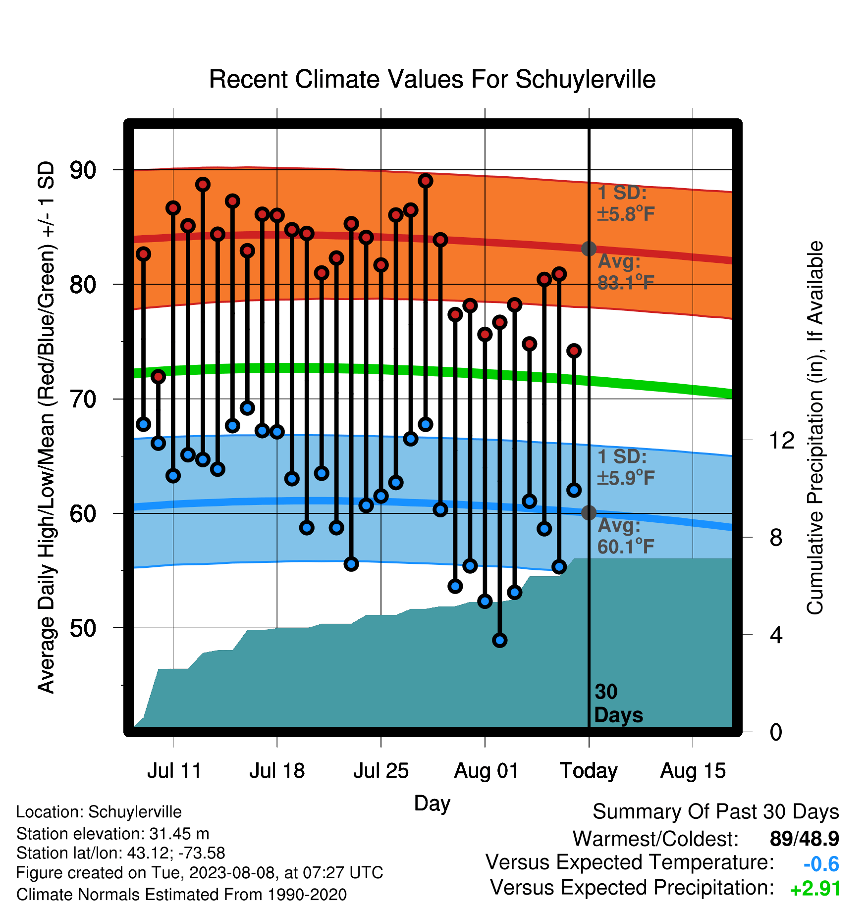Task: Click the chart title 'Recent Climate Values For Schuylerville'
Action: coord(432,79)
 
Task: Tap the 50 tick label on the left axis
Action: coord(83,628)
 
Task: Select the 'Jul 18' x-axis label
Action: coord(277,771)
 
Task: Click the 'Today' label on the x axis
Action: coord(589,771)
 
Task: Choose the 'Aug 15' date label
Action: coord(693,771)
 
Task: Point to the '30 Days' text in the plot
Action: coord(618,704)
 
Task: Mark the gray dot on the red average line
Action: coord(589,249)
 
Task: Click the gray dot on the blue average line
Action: coord(589,512)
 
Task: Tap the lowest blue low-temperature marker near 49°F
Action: coord(500,640)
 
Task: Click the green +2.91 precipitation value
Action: coord(815,889)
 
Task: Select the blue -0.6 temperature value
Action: coord(821,864)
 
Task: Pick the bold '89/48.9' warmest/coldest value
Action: coord(805,839)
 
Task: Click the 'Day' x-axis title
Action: coord(432,804)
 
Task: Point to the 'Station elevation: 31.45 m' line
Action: coord(113,834)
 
